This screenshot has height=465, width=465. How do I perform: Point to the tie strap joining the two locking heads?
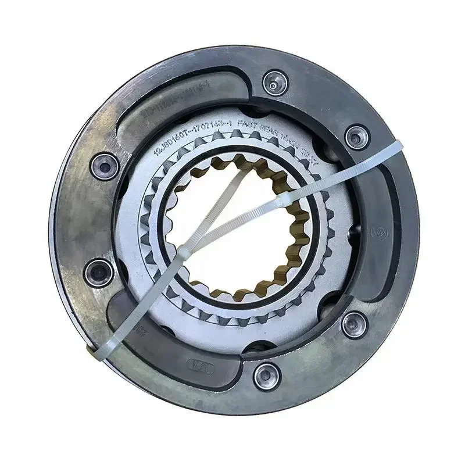click(x=233, y=226)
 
